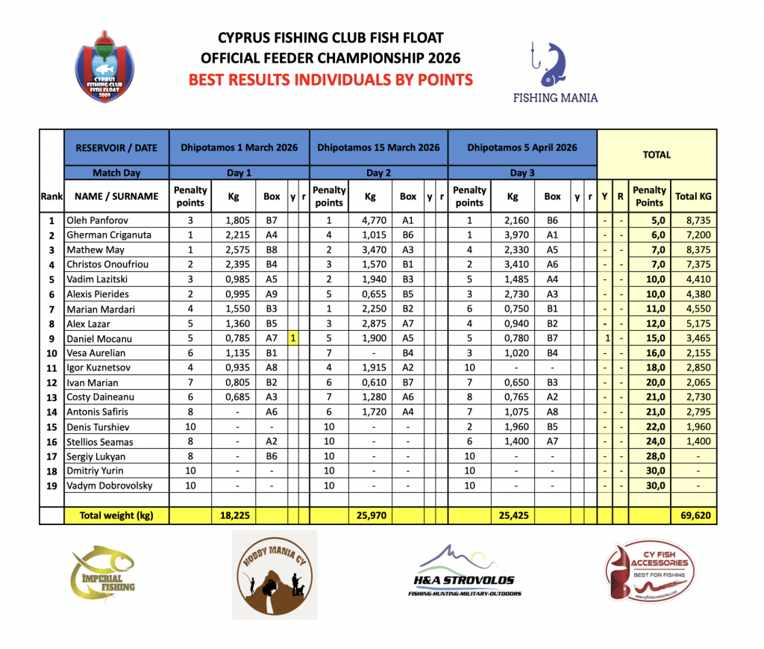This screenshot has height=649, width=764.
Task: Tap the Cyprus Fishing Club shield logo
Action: tap(104, 66)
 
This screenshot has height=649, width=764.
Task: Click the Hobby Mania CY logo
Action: tap(274, 574)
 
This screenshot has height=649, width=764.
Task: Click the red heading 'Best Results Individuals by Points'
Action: tap(331, 79)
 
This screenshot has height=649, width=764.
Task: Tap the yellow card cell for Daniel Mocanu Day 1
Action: tap(293, 338)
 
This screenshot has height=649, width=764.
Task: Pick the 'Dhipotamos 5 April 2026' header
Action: tap(522, 148)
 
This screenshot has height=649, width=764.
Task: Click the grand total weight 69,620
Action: tap(693, 515)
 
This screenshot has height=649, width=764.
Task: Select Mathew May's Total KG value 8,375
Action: tap(693, 250)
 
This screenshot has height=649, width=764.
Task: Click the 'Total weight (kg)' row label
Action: tap(117, 515)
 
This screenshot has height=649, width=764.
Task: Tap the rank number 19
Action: tap(51, 485)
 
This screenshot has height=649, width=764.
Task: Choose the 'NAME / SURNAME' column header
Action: tap(117, 196)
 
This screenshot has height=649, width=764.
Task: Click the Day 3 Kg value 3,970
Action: tap(512, 236)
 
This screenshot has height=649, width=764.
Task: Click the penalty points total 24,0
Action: tap(649, 442)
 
